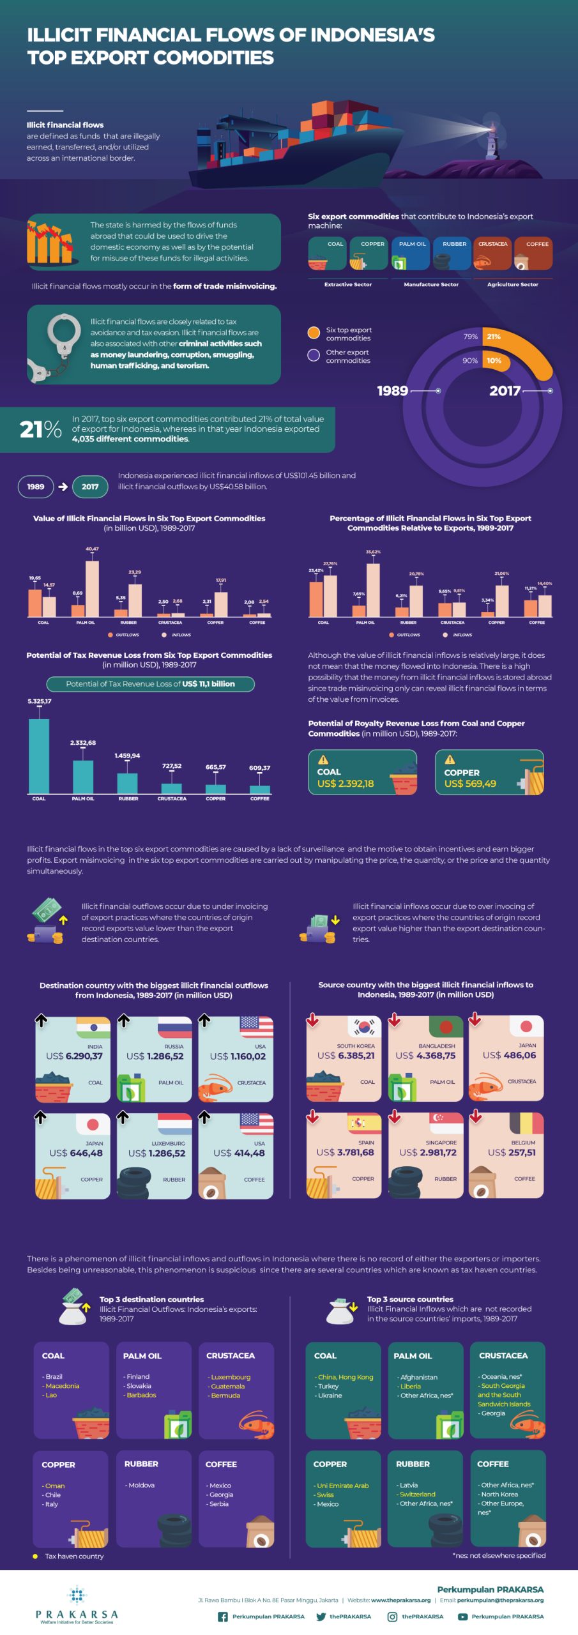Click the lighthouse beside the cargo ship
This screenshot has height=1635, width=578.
tap(491, 137)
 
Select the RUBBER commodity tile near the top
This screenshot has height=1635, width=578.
tap(453, 254)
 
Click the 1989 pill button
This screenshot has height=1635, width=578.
tap(36, 487)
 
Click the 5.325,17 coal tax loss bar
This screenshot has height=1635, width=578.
tap(39, 755)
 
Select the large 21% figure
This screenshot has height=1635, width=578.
tap(40, 429)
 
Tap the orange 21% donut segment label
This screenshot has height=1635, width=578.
tap(494, 337)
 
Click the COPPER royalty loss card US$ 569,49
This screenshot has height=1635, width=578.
tap(489, 772)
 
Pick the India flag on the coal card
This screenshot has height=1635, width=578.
tap(93, 1027)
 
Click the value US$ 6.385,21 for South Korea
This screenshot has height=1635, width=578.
tap(346, 1056)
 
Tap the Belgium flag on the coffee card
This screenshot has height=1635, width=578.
tap(526, 1123)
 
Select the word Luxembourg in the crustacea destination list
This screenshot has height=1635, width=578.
tap(231, 1377)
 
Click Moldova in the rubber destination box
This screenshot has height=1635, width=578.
tap(141, 1486)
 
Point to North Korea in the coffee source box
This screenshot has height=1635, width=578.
tap(499, 1494)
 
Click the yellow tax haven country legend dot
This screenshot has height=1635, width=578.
tap(35, 1556)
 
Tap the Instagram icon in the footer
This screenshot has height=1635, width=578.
tap(392, 1616)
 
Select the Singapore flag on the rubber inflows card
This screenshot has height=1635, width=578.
tap(445, 1122)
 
